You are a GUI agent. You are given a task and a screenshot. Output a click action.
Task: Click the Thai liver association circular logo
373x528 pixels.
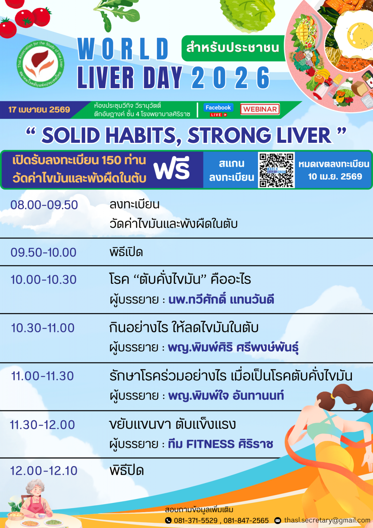click(x=41, y=64)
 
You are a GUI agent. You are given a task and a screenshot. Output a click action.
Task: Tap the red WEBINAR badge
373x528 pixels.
click(x=260, y=109)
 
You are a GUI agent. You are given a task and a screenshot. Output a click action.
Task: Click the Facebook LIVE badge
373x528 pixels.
click(x=218, y=110)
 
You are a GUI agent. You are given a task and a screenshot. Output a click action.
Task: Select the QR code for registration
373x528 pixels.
click(x=276, y=170)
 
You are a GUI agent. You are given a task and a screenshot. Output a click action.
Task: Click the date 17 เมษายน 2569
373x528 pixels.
click(x=39, y=110)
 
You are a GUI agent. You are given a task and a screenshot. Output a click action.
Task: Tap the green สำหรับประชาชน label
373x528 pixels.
click(x=233, y=48)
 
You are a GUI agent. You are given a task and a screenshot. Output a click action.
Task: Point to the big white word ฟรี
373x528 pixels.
click(x=171, y=168)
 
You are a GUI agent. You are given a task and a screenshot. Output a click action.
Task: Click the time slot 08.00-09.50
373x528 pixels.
click(x=44, y=205)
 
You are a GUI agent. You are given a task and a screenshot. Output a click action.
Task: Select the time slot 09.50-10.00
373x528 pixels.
click(x=43, y=252)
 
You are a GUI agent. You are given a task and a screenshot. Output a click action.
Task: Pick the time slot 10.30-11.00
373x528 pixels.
click(x=43, y=328)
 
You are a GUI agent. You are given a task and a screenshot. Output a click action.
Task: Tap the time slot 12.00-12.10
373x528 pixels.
click(x=44, y=471)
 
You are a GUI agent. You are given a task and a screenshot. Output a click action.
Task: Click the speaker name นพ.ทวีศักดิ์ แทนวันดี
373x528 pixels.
click(x=221, y=300)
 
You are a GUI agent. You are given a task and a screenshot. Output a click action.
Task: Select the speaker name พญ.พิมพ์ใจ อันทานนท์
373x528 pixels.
click(x=226, y=395)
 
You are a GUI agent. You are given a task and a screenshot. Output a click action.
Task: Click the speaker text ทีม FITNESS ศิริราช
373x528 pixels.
click(x=221, y=444)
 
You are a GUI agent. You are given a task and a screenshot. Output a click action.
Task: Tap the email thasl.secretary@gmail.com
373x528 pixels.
click(x=327, y=520)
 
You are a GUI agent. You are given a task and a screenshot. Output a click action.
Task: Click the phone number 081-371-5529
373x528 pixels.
click(x=196, y=520)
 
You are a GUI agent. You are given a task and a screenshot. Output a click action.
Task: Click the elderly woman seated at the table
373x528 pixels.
click(x=35, y=498)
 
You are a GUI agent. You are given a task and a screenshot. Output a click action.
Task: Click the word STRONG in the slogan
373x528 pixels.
click(x=229, y=135)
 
